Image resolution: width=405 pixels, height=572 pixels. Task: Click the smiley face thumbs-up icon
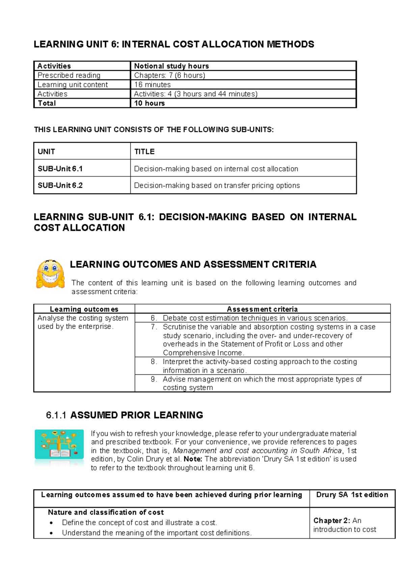tap(51, 274)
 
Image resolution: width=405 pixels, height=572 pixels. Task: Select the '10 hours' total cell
tap(149, 103)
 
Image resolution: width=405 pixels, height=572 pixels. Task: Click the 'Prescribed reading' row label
tap(69, 75)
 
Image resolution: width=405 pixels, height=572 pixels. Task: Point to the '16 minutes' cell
tap(152, 85)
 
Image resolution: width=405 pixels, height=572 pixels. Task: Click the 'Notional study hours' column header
tap(171, 66)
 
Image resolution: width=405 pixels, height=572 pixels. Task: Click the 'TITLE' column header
tap(144, 152)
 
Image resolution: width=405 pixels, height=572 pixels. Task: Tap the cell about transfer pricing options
tap(217, 185)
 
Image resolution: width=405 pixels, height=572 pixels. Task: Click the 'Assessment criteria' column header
tap(262, 309)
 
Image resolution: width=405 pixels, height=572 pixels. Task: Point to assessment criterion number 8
tap(260, 366)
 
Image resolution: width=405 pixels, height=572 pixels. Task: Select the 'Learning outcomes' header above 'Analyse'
tap(84, 309)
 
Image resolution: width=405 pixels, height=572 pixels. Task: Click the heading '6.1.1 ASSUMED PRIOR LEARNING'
tap(125, 415)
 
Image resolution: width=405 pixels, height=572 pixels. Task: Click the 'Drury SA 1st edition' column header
tap(352, 495)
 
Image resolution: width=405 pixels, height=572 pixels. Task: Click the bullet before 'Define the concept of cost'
tap(51, 523)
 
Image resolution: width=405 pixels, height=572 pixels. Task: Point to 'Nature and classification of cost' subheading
tap(106, 512)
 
